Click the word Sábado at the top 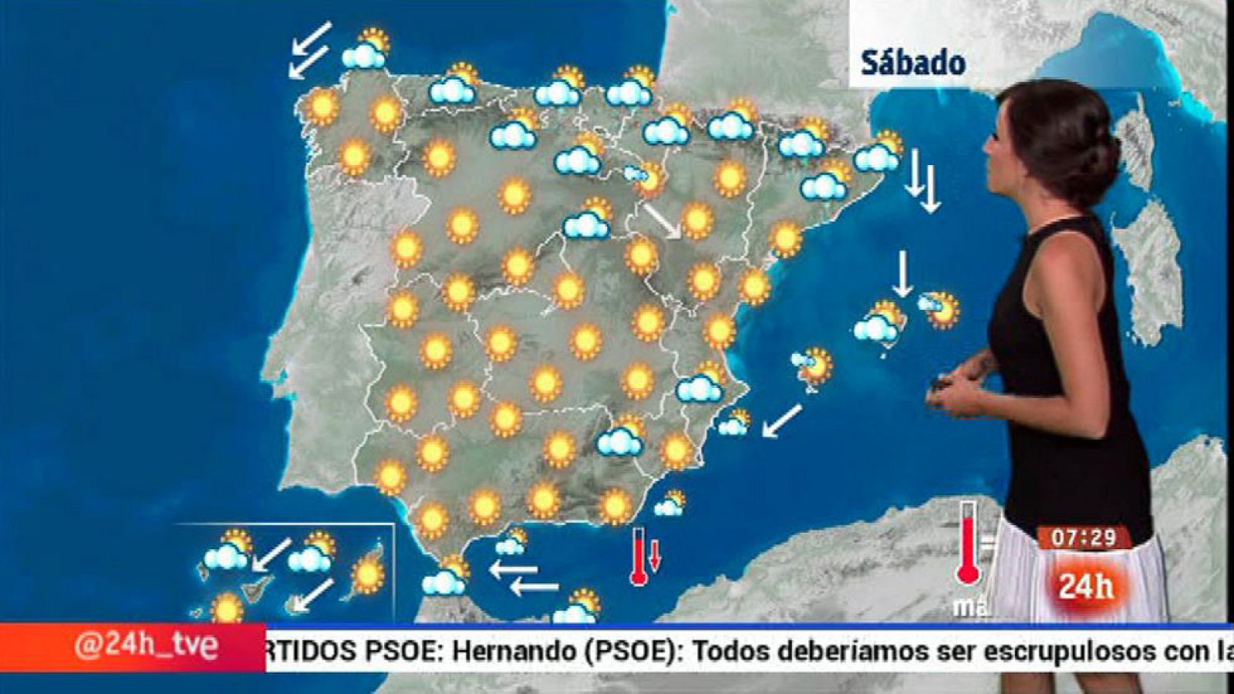tap(912, 62)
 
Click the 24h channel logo tap(1086, 586)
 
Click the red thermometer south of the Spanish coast tap(639, 556)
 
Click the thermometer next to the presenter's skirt tap(968, 544)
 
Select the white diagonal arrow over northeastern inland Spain tap(662, 220)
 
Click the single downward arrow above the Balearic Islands tap(902, 274)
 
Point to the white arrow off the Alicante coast tap(782, 421)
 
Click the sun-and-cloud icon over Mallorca tap(879, 322)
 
